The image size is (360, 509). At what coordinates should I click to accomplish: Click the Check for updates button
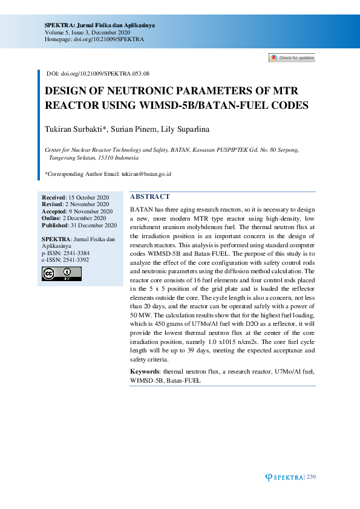292,58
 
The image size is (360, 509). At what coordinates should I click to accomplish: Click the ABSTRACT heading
150,196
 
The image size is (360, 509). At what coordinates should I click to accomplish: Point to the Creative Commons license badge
61,274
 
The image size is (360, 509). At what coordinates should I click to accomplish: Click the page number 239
312,478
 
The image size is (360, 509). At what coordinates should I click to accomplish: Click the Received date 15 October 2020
88,198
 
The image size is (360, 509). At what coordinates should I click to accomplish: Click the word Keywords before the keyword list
145,371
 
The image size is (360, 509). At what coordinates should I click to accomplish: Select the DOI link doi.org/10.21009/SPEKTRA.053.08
105,73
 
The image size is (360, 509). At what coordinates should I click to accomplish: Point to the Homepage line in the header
94,39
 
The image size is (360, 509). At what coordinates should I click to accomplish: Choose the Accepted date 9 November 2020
91,212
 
